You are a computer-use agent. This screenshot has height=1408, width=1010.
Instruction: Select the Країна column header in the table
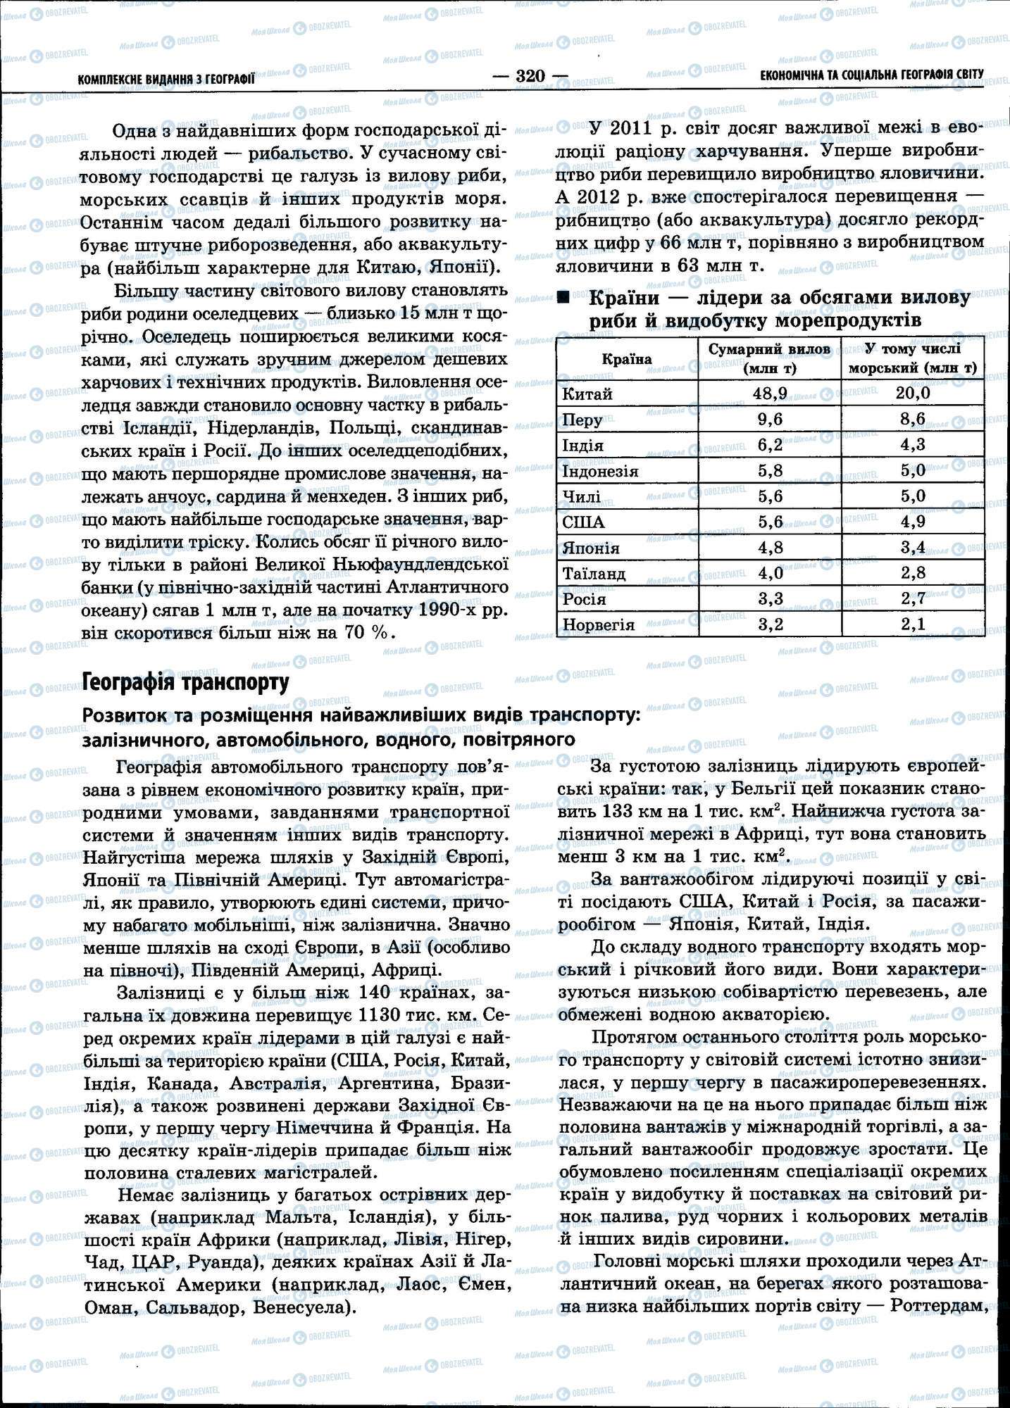coord(626,359)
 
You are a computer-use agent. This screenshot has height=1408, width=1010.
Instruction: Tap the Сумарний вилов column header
coord(769,358)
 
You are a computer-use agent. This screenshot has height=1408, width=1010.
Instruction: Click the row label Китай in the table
coord(587,394)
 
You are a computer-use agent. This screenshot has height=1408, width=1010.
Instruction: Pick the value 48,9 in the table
coord(769,393)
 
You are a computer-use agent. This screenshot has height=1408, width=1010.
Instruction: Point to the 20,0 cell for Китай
coord(913,393)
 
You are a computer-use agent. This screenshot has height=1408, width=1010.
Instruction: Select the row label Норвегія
coord(598,625)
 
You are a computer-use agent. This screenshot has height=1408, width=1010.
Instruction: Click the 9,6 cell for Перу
coord(769,419)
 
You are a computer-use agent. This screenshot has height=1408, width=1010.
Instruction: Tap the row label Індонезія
coord(600,471)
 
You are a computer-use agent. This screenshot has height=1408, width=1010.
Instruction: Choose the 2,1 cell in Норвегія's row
coord(913,624)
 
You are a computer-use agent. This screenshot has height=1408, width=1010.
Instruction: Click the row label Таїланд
coord(594,574)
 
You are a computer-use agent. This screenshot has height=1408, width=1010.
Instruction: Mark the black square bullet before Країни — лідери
coord(563,298)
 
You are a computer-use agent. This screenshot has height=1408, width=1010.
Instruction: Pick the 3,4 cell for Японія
coord(913,547)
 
